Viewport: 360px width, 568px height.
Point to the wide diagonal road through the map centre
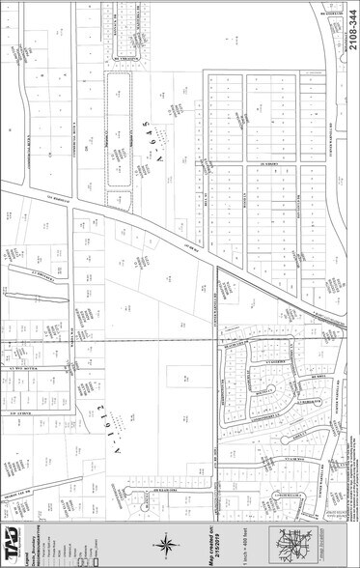(x=193, y=241)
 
